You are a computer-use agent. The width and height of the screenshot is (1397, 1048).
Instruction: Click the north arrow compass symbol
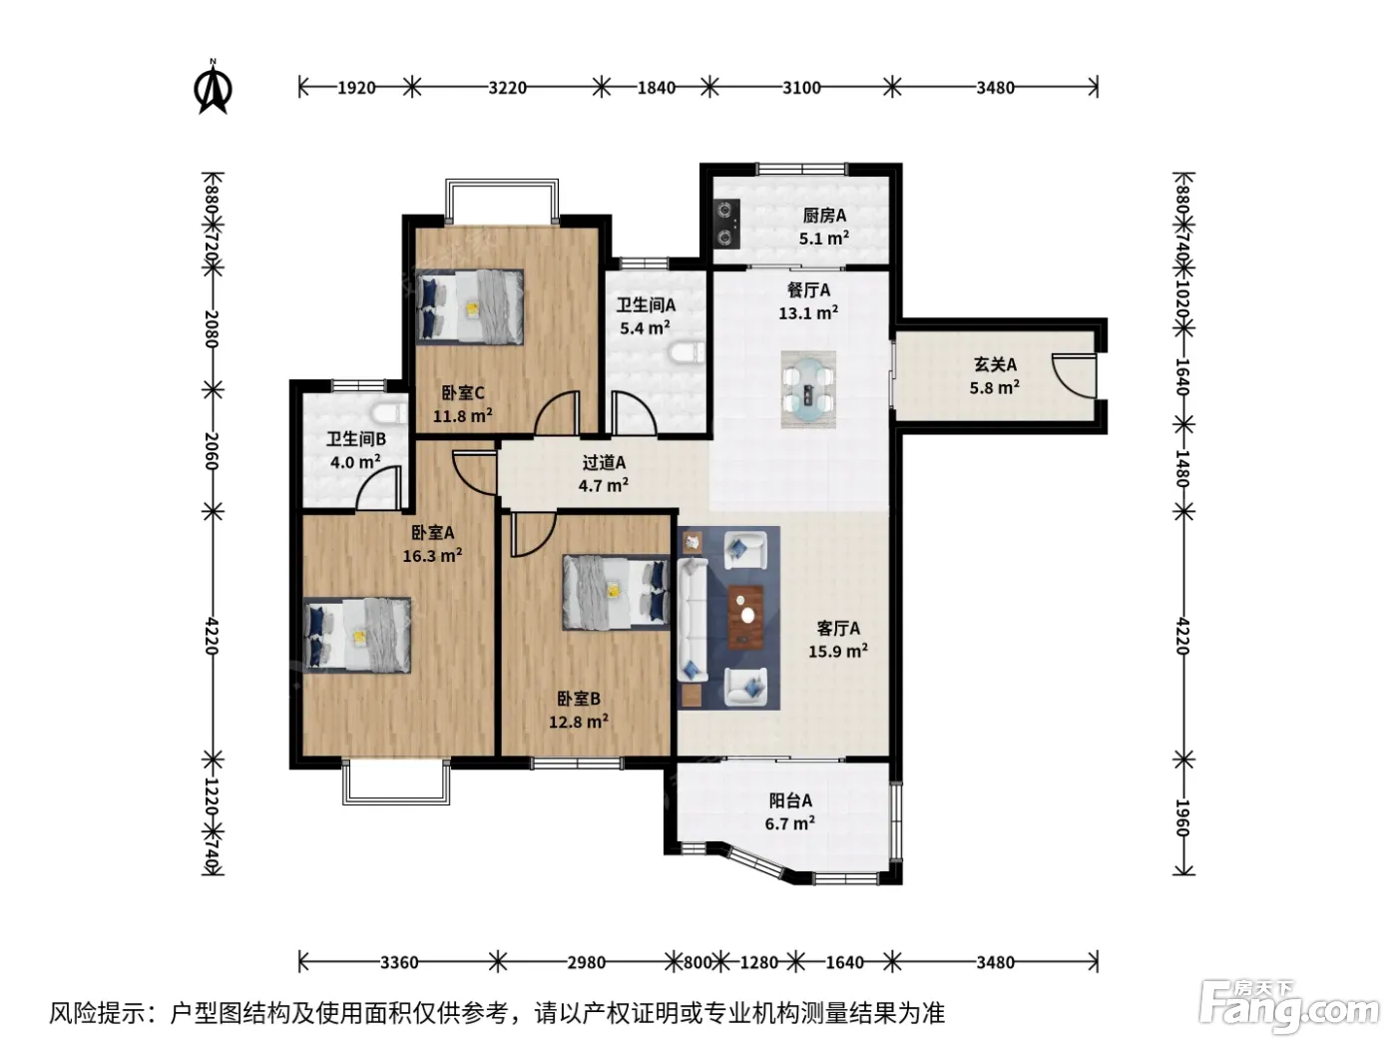(213, 87)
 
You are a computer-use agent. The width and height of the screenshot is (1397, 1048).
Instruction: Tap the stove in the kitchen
(726, 223)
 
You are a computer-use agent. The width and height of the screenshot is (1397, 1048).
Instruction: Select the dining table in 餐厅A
(808, 389)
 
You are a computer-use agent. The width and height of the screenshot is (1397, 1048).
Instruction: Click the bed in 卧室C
(470, 306)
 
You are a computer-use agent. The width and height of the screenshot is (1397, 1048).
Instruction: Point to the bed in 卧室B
(616, 592)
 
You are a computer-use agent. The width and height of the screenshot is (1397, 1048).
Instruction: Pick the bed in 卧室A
(357, 635)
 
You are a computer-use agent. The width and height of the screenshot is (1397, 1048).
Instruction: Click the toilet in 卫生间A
(688, 353)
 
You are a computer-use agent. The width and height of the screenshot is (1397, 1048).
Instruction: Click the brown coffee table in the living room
(746, 617)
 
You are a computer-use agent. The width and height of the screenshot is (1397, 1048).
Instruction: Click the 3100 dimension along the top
(801, 87)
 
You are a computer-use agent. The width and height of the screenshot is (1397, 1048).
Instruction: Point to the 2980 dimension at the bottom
(586, 962)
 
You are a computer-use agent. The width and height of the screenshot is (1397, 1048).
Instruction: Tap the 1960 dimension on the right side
(1182, 817)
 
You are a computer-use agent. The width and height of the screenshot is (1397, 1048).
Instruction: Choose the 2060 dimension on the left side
(212, 450)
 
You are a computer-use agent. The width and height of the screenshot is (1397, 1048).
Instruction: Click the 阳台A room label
(790, 799)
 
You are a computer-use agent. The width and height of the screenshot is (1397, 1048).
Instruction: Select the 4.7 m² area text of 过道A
(604, 485)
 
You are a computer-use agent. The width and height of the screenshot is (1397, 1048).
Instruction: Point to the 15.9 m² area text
(838, 651)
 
